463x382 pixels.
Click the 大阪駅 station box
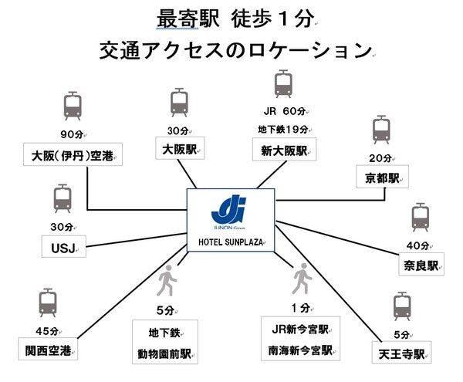point(180,148)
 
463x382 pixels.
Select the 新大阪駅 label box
point(284,150)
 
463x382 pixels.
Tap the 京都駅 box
point(382,177)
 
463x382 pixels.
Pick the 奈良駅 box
point(421,264)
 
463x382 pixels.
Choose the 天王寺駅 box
point(401,353)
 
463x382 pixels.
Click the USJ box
point(64,246)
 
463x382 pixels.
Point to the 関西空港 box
point(48,349)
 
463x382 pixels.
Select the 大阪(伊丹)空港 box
point(73,154)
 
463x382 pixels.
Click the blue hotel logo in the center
point(229,210)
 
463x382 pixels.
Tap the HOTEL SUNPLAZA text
point(231,242)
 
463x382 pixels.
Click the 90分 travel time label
point(72,134)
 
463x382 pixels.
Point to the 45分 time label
point(47,331)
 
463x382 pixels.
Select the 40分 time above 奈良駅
point(417,245)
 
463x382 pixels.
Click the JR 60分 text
point(285,111)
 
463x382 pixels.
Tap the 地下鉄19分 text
point(283,130)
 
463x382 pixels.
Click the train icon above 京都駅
point(381,130)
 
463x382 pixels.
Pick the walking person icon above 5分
point(167,280)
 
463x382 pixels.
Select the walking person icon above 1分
point(302,279)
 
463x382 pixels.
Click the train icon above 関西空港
point(48,303)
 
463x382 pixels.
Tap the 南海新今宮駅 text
point(300,350)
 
